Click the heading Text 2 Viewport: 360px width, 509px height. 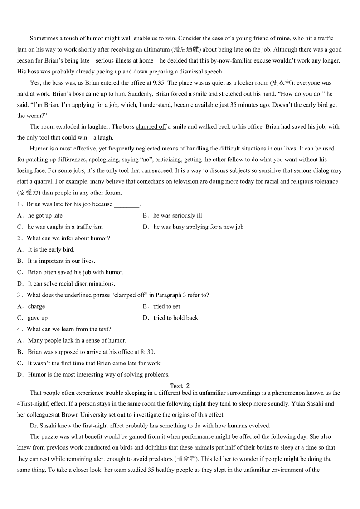click(x=180, y=386)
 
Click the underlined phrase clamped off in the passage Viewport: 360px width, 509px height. click(x=151, y=127)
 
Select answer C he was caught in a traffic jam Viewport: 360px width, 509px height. click(x=65, y=227)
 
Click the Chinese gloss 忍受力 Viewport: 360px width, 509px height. click(x=29, y=193)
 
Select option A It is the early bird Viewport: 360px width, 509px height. click(x=51, y=250)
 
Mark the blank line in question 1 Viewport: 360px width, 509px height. click(x=126, y=204)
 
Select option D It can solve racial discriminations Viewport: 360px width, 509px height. click(x=71, y=284)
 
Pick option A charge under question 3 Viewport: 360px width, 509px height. click(x=36, y=306)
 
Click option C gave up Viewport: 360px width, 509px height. click(x=37, y=318)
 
